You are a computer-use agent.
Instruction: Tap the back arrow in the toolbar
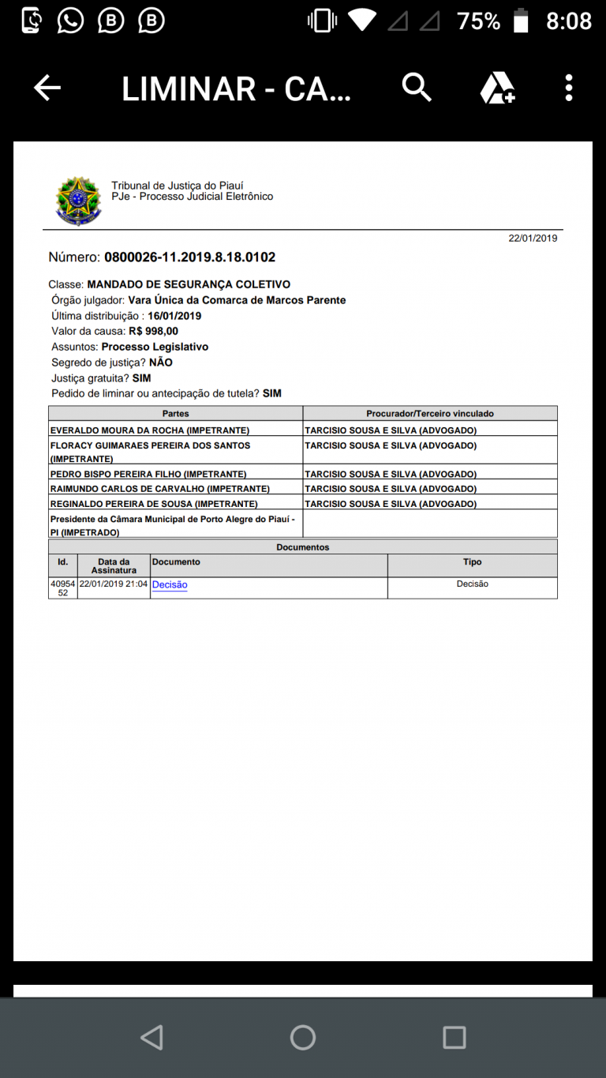click(x=47, y=88)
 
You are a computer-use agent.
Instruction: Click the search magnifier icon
click(x=417, y=87)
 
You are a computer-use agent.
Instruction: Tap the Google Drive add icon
click(x=497, y=88)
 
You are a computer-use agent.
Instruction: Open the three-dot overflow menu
click(x=568, y=88)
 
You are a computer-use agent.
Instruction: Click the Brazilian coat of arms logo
click(x=78, y=201)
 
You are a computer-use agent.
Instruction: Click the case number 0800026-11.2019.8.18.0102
click(x=189, y=257)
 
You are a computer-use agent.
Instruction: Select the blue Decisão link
click(x=170, y=585)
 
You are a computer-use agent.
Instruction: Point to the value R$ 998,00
click(x=153, y=331)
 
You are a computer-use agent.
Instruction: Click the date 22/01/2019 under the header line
click(x=533, y=238)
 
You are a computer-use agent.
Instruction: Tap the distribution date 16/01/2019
click(x=174, y=316)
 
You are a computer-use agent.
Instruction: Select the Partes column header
click(x=175, y=413)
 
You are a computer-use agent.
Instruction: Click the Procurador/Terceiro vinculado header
click(x=430, y=413)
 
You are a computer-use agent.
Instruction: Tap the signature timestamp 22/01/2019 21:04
click(x=114, y=584)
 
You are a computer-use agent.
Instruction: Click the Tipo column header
click(x=472, y=562)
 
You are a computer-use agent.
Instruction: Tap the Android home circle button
click(x=303, y=1037)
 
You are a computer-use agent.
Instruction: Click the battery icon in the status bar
click(x=521, y=21)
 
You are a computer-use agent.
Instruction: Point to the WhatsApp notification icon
click(x=70, y=21)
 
